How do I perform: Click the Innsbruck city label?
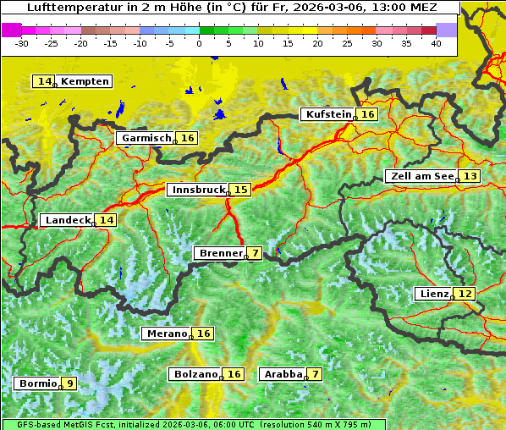click(x=197, y=190)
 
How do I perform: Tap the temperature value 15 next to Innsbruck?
click(x=241, y=190)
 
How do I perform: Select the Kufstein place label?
click(x=328, y=114)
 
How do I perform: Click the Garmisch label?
click(x=146, y=138)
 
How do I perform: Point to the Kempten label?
click(x=85, y=81)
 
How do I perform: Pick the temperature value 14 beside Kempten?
click(x=44, y=81)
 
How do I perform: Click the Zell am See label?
click(x=421, y=176)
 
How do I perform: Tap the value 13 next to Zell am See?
click(x=470, y=176)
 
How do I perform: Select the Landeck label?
click(x=67, y=220)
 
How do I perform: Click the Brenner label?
click(x=220, y=253)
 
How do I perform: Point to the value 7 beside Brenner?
click(x=255, y=253)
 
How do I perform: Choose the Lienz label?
click(x=433, y=294)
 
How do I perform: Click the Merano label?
click(x=166, y=334)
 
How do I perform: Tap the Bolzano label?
click(x=196, y=373)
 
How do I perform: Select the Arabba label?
click(x=283, y=373)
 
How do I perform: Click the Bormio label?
click(x=37, y=383)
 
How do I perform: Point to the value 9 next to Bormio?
click(x=69, y=383)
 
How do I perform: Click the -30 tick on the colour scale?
click(x=22, y=42)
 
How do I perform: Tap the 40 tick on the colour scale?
click(x=436, y=42)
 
